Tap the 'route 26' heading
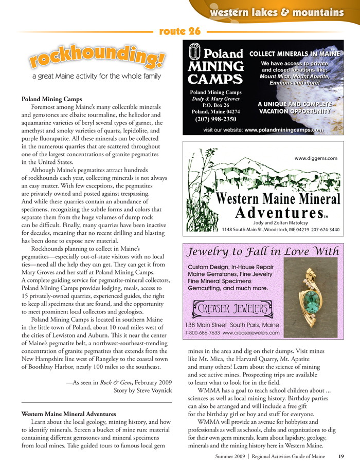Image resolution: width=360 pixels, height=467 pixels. pos(179,31)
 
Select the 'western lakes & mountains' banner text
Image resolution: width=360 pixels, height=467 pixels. pos(277,12)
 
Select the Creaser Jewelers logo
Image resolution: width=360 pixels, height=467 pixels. pos(230,310)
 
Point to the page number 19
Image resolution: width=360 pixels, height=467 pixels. pos(340,455)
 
